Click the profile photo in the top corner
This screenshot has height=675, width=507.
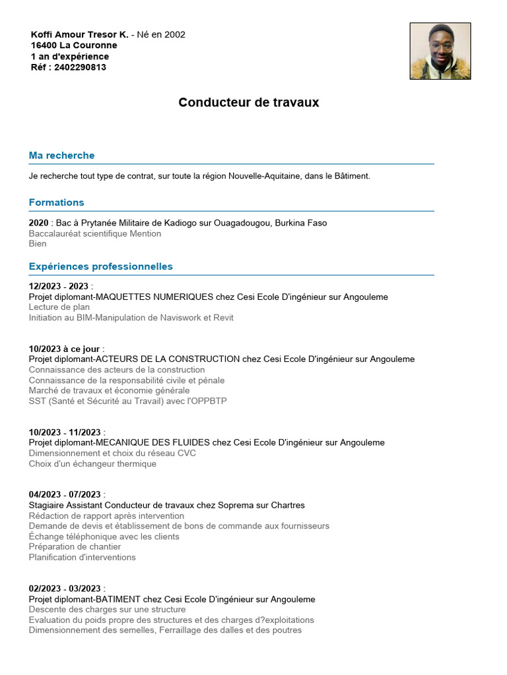point(440,51)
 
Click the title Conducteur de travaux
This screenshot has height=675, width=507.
point(248,103)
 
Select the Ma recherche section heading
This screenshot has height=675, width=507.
point(61,156)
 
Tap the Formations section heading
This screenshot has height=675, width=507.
point(56,202)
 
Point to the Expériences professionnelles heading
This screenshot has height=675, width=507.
point(100,266)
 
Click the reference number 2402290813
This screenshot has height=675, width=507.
point(80,67)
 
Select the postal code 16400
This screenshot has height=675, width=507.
point(44,45)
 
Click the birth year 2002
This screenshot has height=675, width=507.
point(175,34)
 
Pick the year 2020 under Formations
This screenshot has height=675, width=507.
point(38,223)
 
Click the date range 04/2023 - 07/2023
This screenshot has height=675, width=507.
point(65,494)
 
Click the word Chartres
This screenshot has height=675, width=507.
point(287,505)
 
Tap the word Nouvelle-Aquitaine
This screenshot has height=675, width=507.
point(264,176)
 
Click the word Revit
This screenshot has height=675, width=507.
point(223,318)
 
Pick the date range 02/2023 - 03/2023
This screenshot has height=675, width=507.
point(65,589)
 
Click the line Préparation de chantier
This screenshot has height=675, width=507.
point(75,546)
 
